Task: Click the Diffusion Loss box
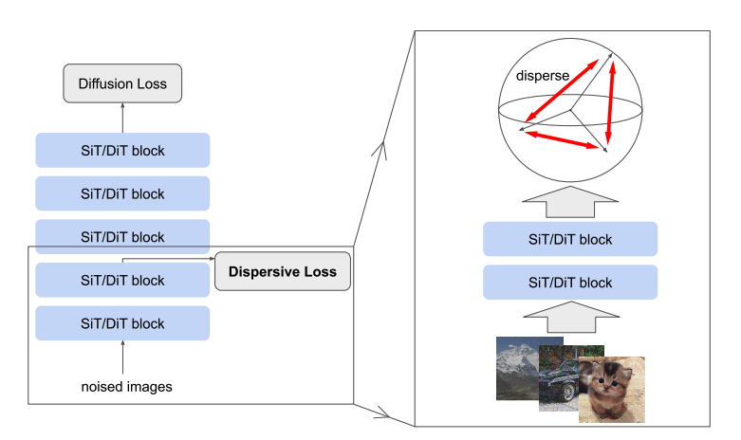[122, 83]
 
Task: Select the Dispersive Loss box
[283, 271]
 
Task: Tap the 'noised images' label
[126, 387]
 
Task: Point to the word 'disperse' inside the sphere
[543, 76]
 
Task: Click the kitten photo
[612, 390]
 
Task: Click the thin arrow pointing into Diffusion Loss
[122, 118]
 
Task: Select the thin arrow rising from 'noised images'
[123, 357]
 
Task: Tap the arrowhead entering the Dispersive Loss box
[213, 259]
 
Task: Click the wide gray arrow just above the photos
[571, 318]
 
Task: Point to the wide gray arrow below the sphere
[570, 202]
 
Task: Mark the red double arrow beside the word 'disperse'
[562, 91]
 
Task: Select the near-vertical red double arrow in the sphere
[611, 103]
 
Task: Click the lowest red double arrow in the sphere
[562, 140]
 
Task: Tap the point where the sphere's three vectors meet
[570, 110]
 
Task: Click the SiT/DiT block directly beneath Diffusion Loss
[123, 151]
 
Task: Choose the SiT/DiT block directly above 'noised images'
[123, 323]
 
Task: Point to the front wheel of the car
[568, 393]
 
